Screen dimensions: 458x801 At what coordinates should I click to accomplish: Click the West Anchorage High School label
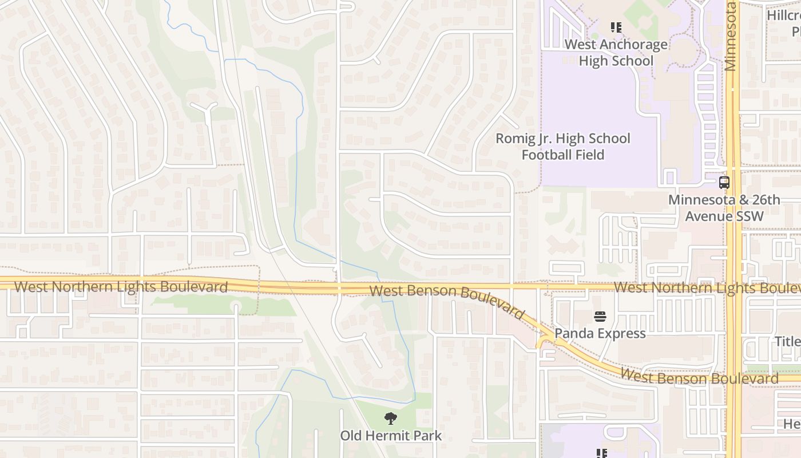point(616,53)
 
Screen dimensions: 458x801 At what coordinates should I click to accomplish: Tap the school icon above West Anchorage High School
point(616,27)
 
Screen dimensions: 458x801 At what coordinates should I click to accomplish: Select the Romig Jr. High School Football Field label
point(562,147)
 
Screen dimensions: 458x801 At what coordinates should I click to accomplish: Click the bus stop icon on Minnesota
point(724,183)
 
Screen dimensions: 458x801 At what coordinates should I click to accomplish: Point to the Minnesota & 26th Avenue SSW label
point(724,208)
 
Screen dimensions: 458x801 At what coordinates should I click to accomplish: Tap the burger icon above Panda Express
point(600,316)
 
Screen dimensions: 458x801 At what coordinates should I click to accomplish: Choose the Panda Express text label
point(600,333)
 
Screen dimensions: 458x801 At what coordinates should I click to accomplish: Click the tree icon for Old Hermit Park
point(391,418)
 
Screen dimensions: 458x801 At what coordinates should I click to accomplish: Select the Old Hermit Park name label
point(391,436)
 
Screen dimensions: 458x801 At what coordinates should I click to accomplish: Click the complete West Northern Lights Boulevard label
point(121,286)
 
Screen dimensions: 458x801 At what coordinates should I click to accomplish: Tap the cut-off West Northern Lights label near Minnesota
point(707,287)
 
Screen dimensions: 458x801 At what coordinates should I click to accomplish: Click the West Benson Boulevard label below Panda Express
point(699,377)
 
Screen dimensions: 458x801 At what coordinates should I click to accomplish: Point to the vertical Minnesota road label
point(730,35)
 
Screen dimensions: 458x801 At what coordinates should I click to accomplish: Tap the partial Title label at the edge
point(787,342)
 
